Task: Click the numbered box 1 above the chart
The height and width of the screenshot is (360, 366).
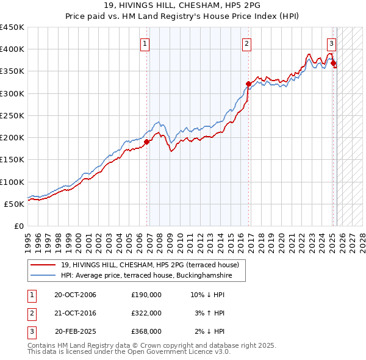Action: coord(145,43)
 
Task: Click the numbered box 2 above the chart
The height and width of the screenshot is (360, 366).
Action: coord(246,43)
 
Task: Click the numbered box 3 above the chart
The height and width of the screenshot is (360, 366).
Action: coord(331,43)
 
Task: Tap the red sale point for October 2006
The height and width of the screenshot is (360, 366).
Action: coord(146,142)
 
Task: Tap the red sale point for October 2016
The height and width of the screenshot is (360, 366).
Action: coord(248,84)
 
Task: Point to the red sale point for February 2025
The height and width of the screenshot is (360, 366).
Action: coord(333,63)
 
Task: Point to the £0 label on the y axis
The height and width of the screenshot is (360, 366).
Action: coord(18,226)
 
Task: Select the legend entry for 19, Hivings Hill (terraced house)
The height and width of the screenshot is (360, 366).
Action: coord(153,265)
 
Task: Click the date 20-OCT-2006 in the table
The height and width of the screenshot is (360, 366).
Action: coord(75,295)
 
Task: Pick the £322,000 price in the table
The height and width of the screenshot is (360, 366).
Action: coord(146,313)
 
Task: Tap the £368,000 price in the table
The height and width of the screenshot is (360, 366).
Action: coord(146,331)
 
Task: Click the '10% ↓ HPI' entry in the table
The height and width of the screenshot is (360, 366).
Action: coord(207,295)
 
